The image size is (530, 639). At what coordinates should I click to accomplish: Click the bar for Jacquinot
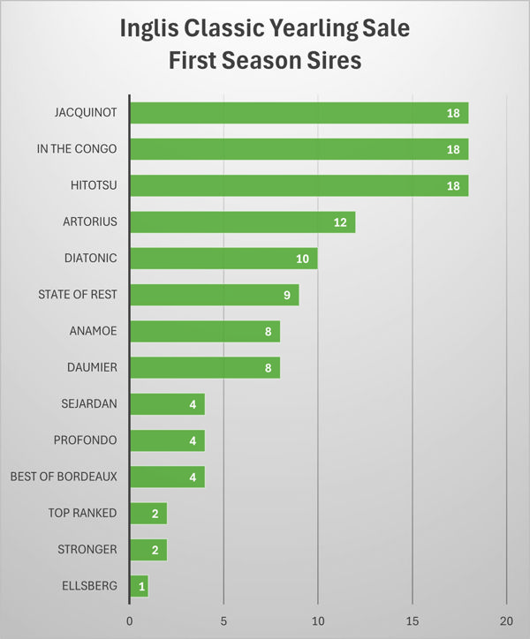[299, 113]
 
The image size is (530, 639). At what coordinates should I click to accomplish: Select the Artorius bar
[242, 222]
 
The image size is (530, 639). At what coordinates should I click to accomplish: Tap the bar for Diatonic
[223, 259]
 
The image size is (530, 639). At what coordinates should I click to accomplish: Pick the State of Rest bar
[214, 295]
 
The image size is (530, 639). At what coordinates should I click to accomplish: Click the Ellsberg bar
[139, 585]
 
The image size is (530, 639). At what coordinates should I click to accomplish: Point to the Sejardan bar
[167, 404]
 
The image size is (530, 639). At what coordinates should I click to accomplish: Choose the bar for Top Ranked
[148, 513]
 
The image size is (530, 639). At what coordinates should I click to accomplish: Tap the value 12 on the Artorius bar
[341, 222]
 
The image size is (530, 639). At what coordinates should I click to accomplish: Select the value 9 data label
[287, 295]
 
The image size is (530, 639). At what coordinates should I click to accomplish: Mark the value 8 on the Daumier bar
[268, 367]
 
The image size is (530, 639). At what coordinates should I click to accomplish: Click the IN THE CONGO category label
[76, 149]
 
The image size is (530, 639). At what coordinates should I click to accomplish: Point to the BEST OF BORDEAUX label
[63, 477]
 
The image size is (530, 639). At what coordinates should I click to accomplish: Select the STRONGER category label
[87, 549]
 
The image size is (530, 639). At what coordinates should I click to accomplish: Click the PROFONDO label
[86, 440]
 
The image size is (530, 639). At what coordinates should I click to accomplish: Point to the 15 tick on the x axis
[413, 620]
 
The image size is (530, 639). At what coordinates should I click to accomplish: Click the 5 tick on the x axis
[223, 620]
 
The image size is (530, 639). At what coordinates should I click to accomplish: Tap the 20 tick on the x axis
[506, 620]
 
